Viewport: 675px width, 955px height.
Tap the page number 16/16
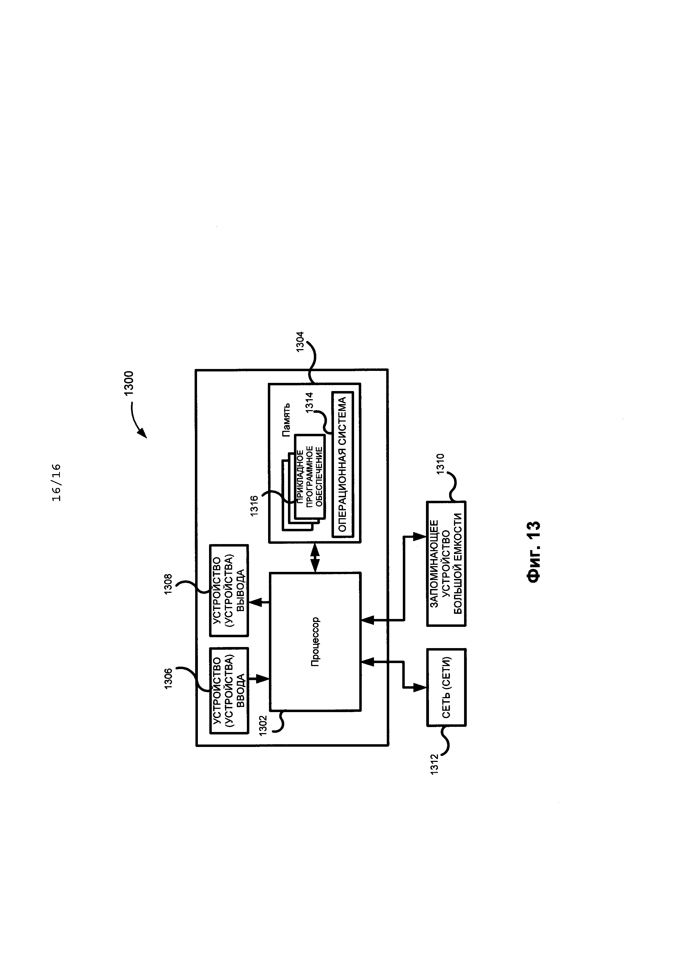point(57,483)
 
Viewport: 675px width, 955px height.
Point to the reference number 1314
point(310,403)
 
